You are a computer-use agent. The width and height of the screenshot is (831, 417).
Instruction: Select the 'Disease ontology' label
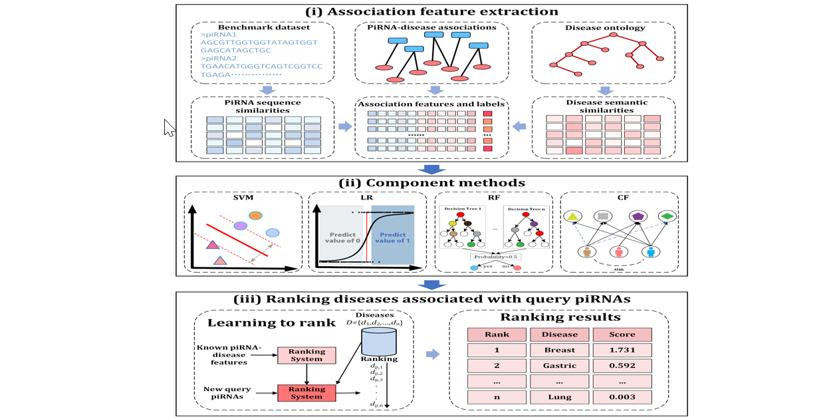603,27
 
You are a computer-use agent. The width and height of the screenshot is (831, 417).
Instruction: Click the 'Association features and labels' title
431,103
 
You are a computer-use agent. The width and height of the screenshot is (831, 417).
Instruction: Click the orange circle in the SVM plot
255,215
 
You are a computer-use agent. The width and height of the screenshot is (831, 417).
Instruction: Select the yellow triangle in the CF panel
572,216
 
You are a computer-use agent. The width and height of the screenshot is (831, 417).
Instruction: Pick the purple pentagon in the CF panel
638,216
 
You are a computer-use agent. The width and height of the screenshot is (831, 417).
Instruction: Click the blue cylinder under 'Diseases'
378,341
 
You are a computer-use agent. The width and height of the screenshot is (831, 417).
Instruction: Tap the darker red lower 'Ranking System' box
306,392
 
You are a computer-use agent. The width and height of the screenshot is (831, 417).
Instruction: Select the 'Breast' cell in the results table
559,350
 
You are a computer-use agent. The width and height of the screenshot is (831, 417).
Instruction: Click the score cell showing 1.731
622,350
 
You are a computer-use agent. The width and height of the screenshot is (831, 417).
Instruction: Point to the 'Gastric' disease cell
559,365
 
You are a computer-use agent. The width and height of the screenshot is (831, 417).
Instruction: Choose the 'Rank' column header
497,335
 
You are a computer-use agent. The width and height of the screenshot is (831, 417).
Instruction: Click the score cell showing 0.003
622,397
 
